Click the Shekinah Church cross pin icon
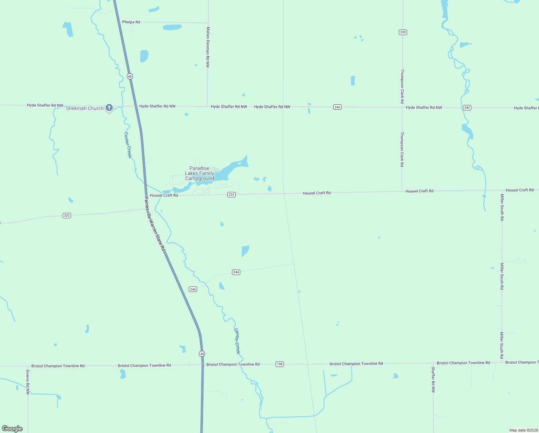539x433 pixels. pos(109,108)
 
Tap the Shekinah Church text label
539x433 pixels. pos(85,108)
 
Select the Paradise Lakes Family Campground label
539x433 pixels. pos(200,174)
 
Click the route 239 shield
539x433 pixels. pos(403,32)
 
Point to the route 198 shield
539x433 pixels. pos(280,364)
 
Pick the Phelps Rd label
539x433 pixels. pos(131,22)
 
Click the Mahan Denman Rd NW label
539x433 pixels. pos(208,47)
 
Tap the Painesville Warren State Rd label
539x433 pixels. pos(155,224)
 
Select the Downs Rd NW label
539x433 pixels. pos(28,382)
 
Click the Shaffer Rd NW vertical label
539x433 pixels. pos(433,380)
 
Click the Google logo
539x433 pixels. pos(12,429)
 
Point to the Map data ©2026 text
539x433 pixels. pos(524,430)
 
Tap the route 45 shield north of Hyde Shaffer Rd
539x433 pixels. pos(130,76)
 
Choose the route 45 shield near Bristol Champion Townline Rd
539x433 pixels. pos(202,354)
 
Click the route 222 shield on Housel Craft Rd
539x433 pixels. pos(231,194)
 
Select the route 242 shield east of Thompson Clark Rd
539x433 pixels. pos(467,108)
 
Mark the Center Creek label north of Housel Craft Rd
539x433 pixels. pos(128,145)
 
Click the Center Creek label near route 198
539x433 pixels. pos(237,341)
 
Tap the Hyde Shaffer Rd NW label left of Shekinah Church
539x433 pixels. pos(45,105)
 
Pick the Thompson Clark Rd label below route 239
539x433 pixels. pos(402,87)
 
